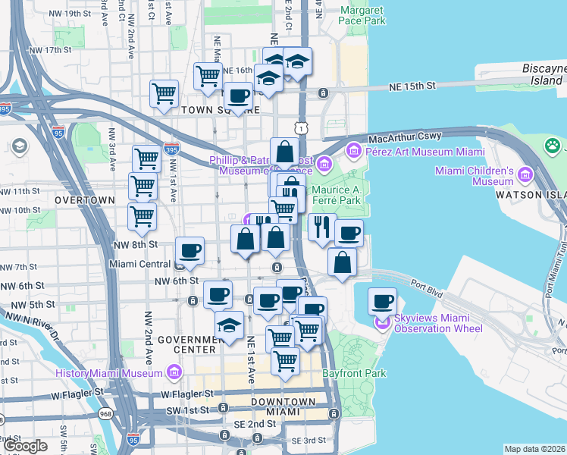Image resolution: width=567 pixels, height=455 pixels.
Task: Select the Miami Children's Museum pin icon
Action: pos(525,177)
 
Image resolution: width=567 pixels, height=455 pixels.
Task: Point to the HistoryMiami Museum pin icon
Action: pos(175,373)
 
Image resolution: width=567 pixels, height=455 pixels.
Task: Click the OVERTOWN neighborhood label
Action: pos(84,200)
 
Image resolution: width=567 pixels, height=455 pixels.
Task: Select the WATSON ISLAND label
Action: pos(531,194)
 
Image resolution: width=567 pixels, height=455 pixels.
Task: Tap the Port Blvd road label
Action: pos(427,287)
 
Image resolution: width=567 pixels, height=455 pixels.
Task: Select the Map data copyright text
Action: pos(534,449)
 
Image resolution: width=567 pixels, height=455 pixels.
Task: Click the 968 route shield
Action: pos(104,414)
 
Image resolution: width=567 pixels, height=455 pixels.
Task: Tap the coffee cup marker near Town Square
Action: pos(238,96)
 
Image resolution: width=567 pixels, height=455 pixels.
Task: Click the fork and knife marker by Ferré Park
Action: pos(321,227)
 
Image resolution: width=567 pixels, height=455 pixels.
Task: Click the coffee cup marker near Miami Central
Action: pos(190,251)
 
